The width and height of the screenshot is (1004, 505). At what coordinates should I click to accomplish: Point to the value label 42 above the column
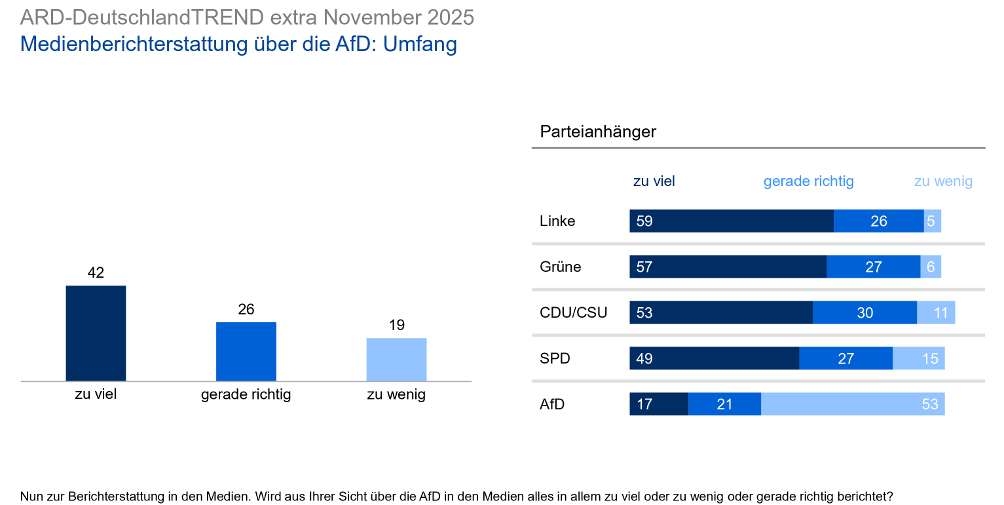pyautogui.click(x=96, y=272)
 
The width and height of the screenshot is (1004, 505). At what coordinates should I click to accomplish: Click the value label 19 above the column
pyautogui.click(x=396, y=325)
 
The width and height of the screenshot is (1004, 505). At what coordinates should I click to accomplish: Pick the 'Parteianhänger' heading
pyautogui.click(x=597, y=132)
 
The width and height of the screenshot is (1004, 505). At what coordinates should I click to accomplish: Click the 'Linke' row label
pyautogui.click(x=557, y=221)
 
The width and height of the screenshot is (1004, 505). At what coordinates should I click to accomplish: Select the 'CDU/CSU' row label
pyautogui.click(x=573, y=312)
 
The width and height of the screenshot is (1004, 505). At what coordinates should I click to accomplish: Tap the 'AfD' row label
pyautogui.click(x=551, y=404)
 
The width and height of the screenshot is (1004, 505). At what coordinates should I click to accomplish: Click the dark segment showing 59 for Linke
pyautogui.click(x=731, y=221)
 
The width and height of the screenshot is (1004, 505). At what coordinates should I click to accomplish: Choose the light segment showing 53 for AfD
pyautogui.click(x=852, y=404)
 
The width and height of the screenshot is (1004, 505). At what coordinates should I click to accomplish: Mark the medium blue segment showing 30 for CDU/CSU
pyautogui.click(x=865, y=312)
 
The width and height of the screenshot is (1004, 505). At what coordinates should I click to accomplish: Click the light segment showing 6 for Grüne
pyautogui.click(x=931, y=267)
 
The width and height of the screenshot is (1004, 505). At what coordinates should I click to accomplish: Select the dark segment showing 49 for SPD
pyautogui.click(x=714, y=358)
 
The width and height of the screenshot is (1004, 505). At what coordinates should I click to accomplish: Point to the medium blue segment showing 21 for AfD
pyautogui.click(x=724, y=404)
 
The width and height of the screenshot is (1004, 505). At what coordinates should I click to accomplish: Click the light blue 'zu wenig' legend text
pyautogui.click(x=943, y=181)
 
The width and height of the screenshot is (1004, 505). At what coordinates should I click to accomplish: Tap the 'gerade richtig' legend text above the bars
pyautogui.click(x=808, y=181)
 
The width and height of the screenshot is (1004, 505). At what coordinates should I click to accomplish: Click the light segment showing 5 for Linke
pyautogui.click(x=932, y=221)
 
